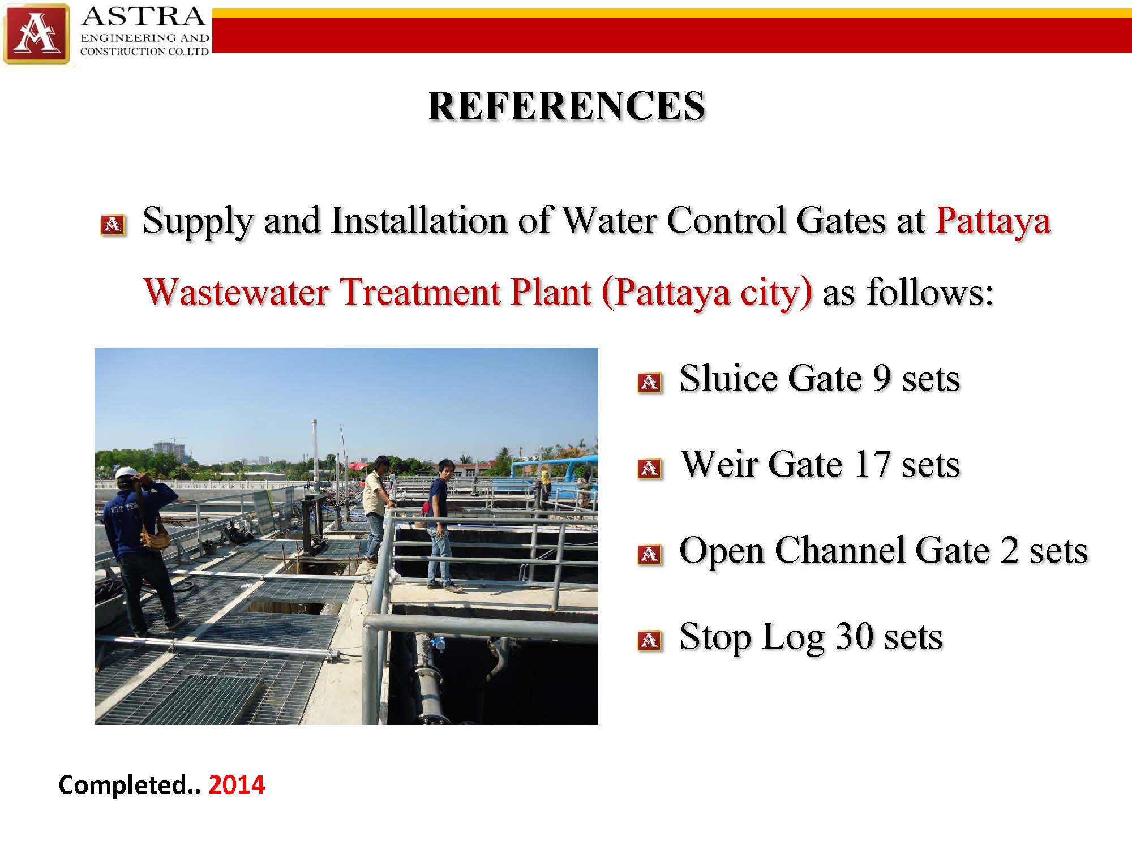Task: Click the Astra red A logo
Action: [x=36, y=34]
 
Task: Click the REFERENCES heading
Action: [x=566, y=106]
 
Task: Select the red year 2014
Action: [x=237, y=785]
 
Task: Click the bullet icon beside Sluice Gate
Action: [x=650, y=383]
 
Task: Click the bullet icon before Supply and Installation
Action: [x=113, y=225]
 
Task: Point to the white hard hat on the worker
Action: [x=127, y=473]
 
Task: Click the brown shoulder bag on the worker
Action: [x=153, y=535]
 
